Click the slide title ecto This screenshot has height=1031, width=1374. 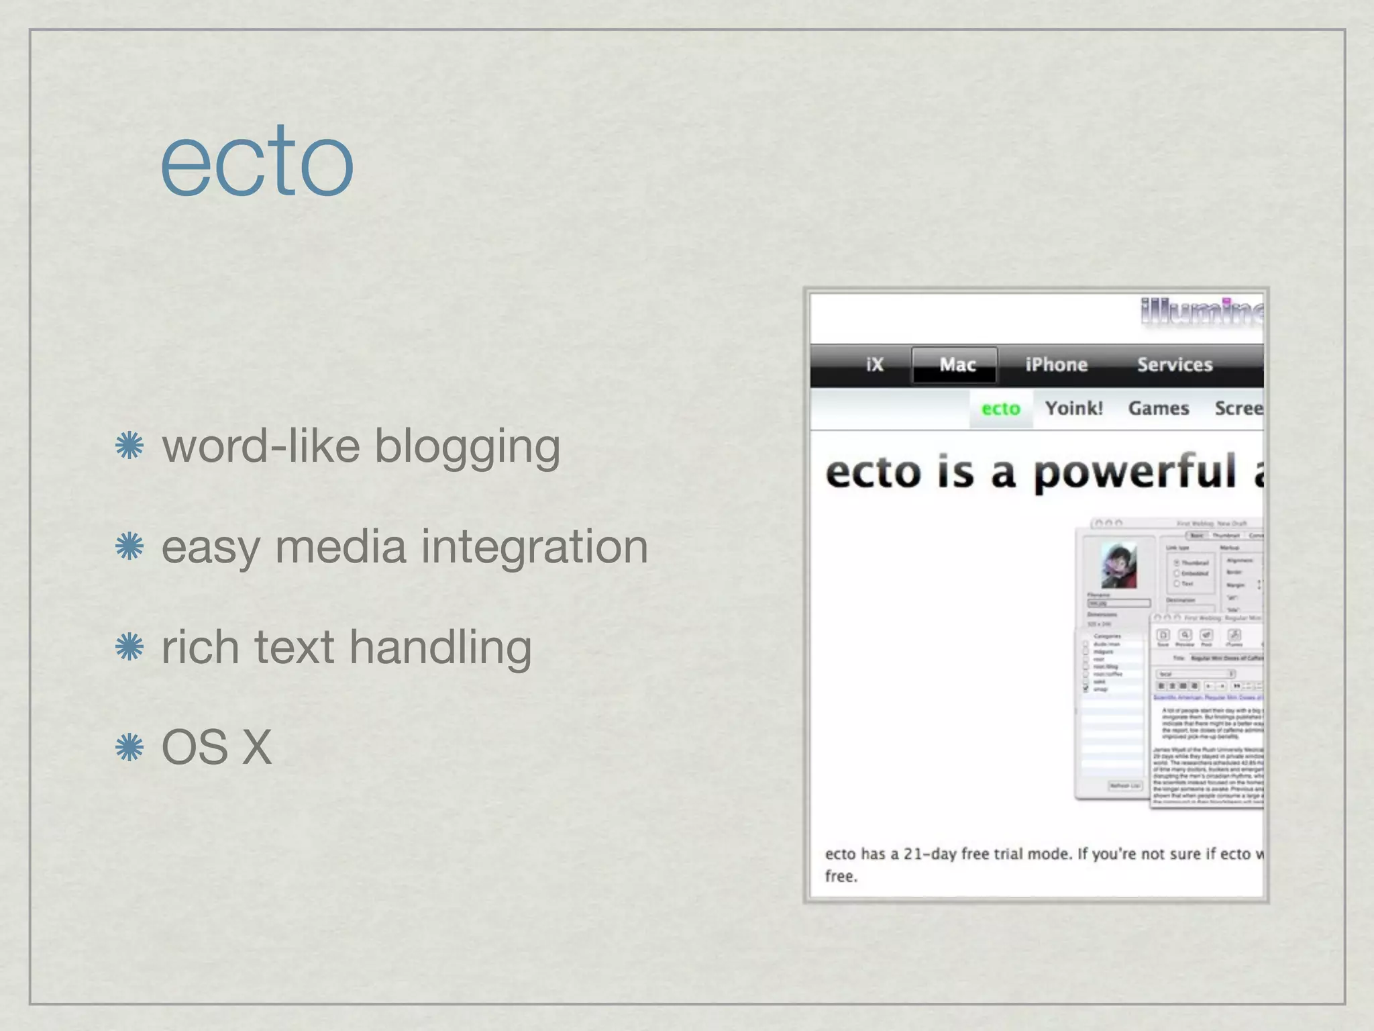click(257, 162)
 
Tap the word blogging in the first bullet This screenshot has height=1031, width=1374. click(467, 447)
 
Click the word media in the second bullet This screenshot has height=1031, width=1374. click(340, 546)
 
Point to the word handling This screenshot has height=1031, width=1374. click(440, 648)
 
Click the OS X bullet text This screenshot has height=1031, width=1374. click(217, 747)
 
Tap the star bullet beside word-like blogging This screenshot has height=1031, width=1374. click(129, 446)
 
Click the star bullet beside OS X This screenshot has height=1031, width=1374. click(129, 747)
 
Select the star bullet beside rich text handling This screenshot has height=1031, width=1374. click(129, 647)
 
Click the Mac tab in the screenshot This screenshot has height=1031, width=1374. click(957, 364)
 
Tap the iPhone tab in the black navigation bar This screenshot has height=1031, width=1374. click(1056, 364)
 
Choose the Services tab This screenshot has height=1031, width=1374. click(1174, 364)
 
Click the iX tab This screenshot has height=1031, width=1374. click(874, 364)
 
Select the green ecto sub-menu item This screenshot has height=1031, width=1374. click(1000, 409)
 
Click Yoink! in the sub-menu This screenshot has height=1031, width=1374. click(1073, 408)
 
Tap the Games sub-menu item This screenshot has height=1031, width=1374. click(1158, 408)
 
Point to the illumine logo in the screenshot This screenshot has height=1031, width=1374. click(1201, 312)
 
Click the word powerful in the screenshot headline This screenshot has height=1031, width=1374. click(1134, 473)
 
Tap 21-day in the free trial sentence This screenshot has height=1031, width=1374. click(929, 854)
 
